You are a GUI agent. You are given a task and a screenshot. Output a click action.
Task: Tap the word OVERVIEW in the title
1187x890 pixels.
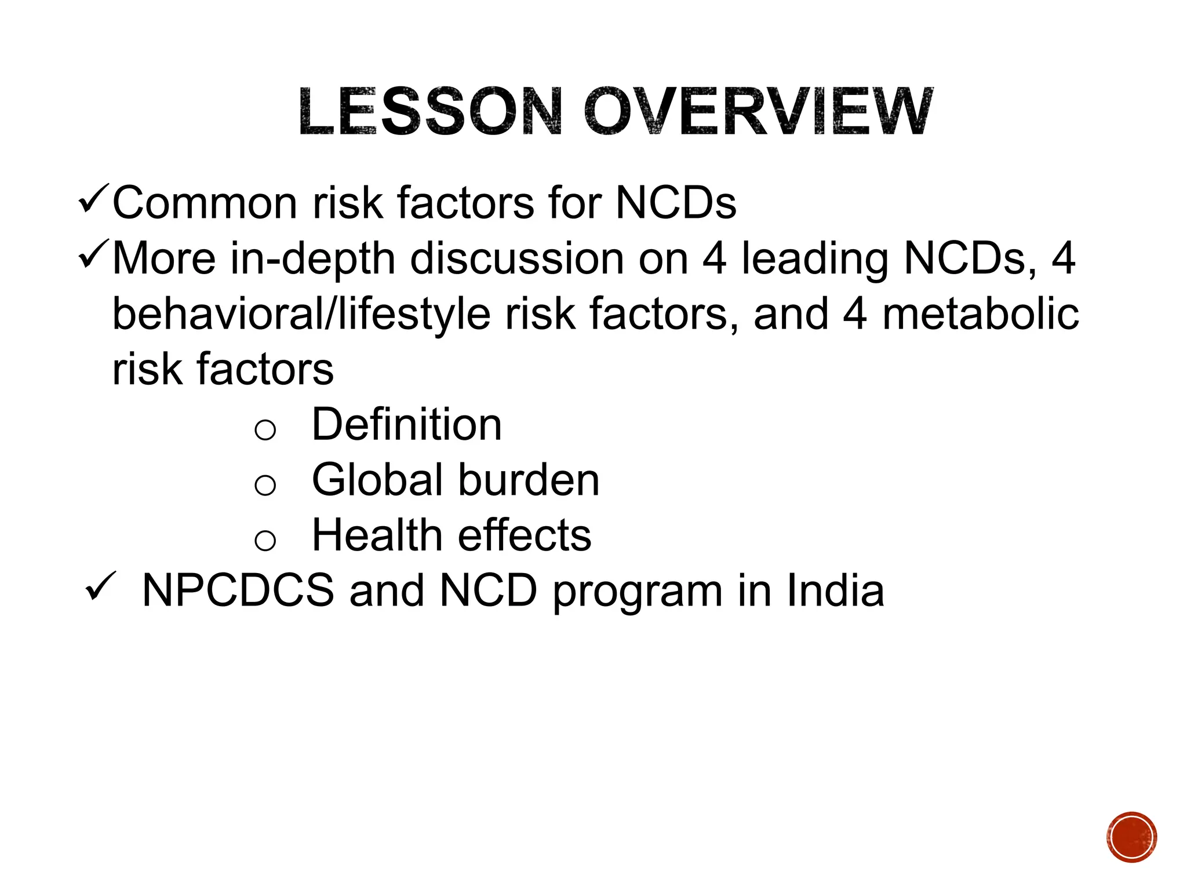[x=758, y=112]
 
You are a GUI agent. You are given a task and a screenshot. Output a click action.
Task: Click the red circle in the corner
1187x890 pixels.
[x=1131, y=837]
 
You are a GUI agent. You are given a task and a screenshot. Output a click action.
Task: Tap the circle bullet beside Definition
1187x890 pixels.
[x=265, y=429]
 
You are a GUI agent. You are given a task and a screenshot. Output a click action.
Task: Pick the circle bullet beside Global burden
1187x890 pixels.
[x=265, y=484]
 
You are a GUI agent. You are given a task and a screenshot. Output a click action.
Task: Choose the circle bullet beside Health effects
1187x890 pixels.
[x=265, y=540]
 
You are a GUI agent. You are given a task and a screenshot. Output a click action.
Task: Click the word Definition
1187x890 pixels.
[x=406, y=424]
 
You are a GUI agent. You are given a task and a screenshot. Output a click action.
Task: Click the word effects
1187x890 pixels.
[x=525, y=535]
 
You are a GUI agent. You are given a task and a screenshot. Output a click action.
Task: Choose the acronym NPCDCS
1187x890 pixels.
[x=238, y=590]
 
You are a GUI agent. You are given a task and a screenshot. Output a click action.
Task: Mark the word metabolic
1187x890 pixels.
[x=980, y=314]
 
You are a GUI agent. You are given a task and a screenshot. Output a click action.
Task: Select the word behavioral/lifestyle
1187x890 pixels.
[x=301, y=314]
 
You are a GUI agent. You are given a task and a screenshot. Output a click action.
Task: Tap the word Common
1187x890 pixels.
[x=205, y=203]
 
